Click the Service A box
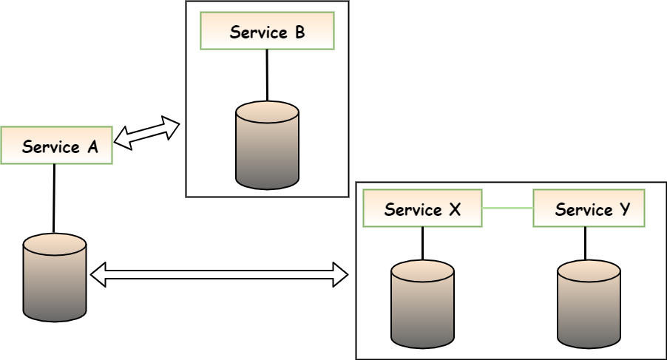pos(57,146)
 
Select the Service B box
pos(267,32)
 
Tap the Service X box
pos(422,208)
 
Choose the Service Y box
pos(589,208)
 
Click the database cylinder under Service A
pos(55,277)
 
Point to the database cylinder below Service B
pos(267,146)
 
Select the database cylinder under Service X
pos(422,303)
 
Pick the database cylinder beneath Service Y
pos(589,303)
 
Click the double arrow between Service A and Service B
pos(147,133)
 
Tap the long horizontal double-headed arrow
pos(218,274)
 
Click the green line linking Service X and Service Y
pos(507,208)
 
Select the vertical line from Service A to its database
pos(55,198)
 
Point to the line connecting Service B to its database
pos(267,75)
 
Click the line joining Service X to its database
pos(422,243)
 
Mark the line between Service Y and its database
pos(586,243)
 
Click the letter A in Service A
pos(92,146)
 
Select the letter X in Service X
pos(456,209)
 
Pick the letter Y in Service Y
pos(626,210)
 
